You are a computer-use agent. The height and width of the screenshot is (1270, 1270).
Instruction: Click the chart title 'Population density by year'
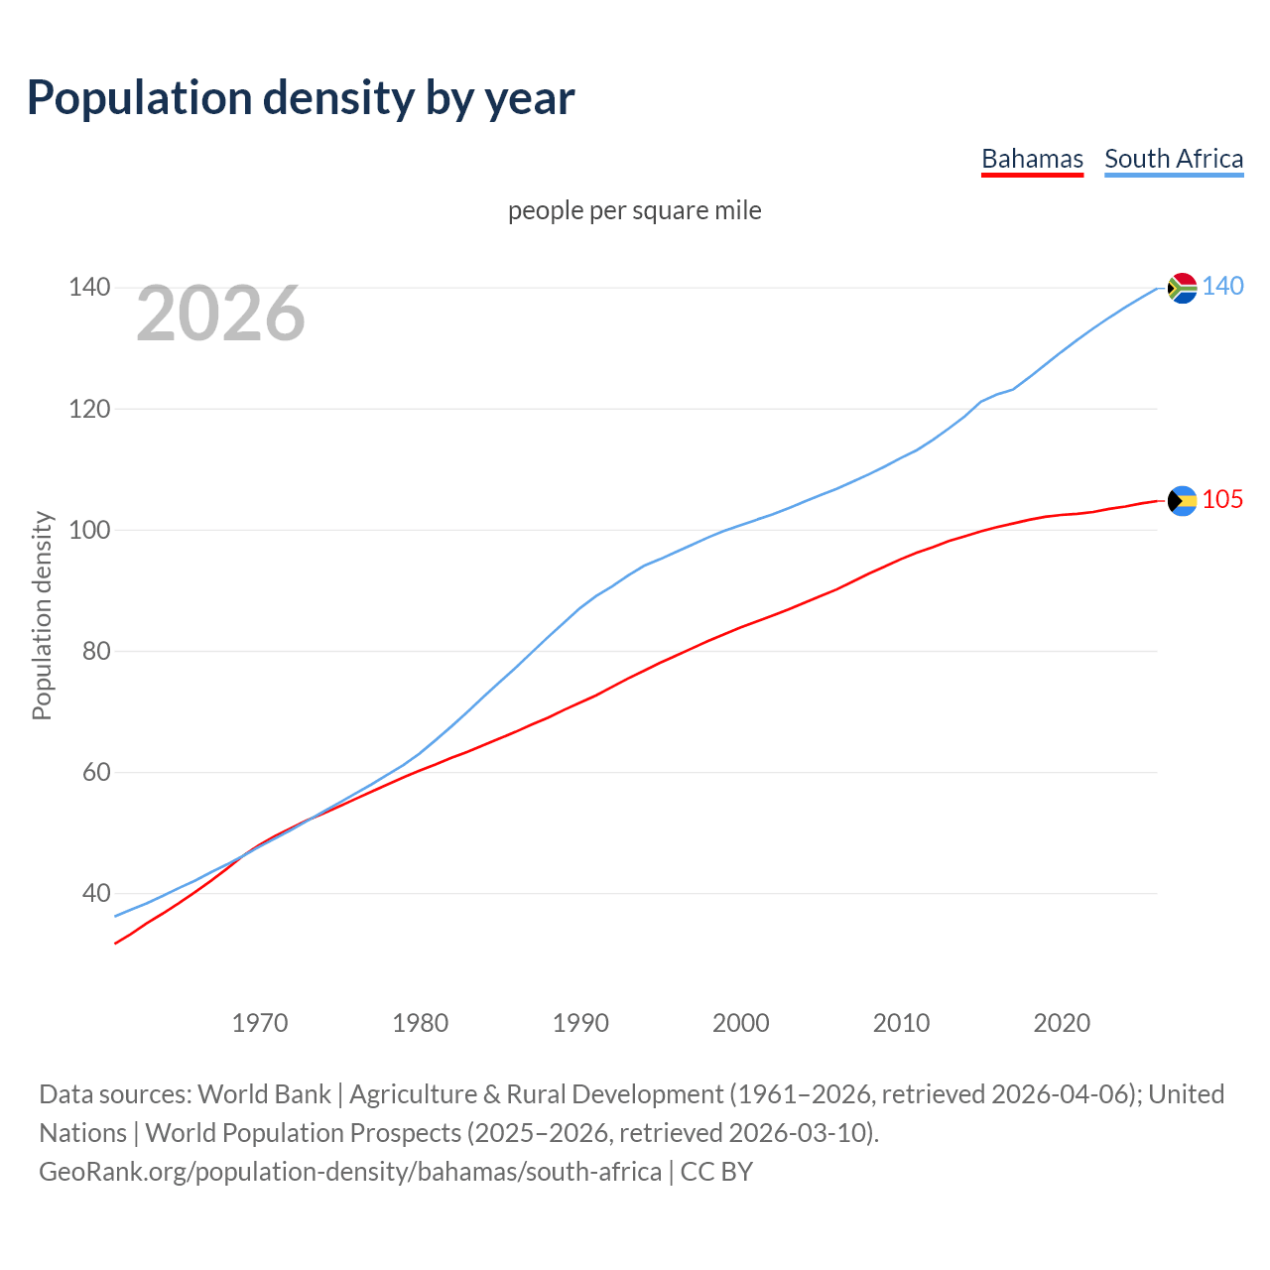click(301, 98)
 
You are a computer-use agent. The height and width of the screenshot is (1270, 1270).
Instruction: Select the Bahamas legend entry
click(1032, 159)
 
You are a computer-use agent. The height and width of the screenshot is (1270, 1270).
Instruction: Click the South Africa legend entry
click(1174, 159)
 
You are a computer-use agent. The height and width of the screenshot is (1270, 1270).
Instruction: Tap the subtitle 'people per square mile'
click(635, 210)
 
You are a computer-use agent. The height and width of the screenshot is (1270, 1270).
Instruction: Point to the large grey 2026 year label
click(220, 314)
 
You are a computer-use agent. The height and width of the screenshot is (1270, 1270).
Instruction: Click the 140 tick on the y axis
click(88, 288)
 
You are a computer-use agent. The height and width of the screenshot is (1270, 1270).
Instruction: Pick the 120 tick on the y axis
click(88, 409)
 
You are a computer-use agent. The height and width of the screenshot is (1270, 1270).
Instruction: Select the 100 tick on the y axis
click(88, 530)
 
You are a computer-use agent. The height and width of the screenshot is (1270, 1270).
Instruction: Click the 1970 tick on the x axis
click(260, 1023)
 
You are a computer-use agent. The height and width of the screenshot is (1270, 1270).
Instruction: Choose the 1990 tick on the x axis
click(580, 1023)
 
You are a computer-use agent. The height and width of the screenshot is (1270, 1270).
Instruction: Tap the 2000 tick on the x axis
click(741, 1023)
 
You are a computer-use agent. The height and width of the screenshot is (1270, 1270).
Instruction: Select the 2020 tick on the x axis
click(1062, 1023)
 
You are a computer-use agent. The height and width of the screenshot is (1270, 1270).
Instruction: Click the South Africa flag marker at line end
click(1182, 288)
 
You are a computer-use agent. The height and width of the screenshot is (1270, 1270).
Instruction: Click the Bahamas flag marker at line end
click(1182, 501)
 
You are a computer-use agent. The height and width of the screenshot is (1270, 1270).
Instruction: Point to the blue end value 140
click(1222, 287)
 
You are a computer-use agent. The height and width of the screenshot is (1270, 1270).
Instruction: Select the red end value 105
click(1222, 500)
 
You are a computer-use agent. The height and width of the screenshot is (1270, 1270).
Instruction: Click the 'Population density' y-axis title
click(42, 615)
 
